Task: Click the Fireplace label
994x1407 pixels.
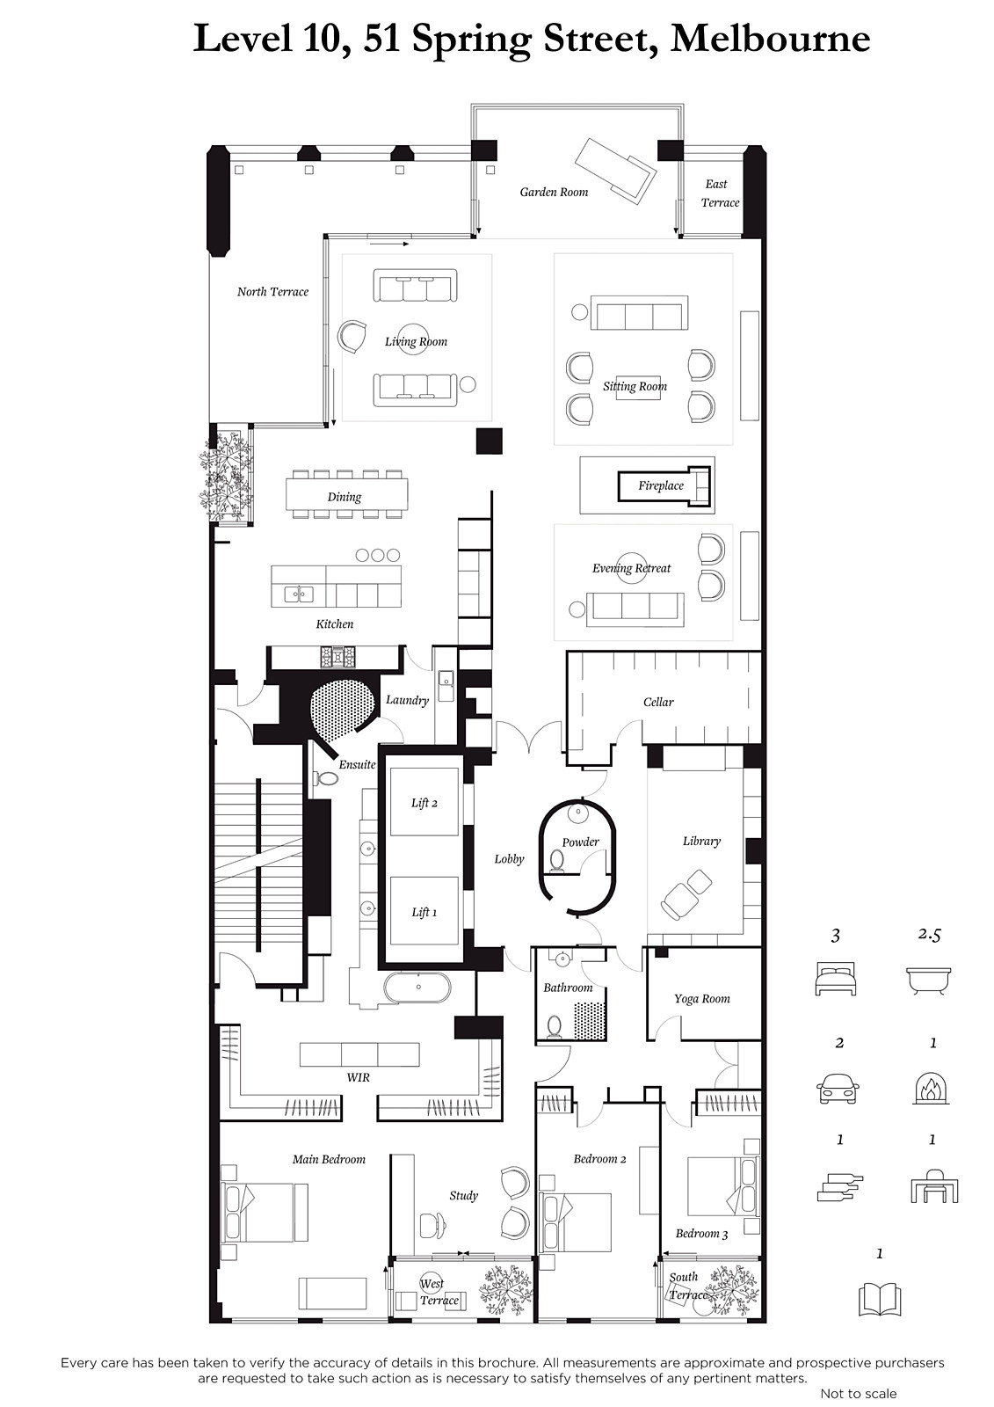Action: tap(661, 485)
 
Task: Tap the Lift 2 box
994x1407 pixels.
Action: tap(424, 801)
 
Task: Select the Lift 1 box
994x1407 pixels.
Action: tap(424, 911)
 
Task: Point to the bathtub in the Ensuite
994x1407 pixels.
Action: tap(417, 988)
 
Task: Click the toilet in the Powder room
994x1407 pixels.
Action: tap(557, 861)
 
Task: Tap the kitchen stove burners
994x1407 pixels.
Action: tap(337, 656)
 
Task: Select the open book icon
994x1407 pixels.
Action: tap(880, 1298)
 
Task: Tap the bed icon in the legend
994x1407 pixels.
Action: tap(835, 979)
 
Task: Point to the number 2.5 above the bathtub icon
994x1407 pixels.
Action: tap(929, 935)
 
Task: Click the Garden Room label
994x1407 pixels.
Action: tap(554, 193)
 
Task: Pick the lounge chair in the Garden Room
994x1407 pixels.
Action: tap(616, 170)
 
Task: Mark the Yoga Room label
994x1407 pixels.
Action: tap(702, 999)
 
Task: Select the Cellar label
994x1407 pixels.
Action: tap(658, 702)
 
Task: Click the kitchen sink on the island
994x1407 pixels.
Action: tap(299, 594)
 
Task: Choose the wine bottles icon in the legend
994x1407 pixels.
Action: tap(839, 1187)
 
